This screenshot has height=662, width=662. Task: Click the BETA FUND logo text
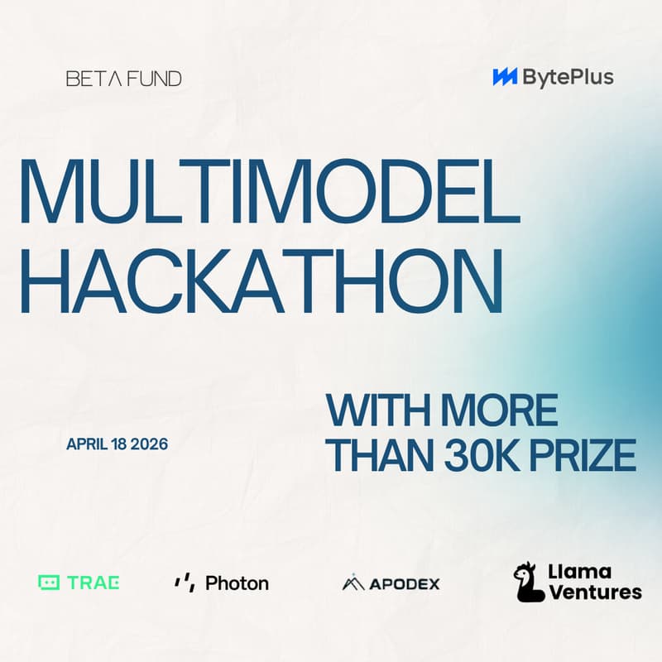[123, 79]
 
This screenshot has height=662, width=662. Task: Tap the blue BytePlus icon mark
[505, 78]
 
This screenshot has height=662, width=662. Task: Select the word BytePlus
[568, 78]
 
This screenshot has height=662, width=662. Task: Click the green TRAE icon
[50, 583]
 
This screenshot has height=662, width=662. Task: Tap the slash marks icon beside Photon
[184, 583]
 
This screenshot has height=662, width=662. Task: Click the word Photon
[237, 583]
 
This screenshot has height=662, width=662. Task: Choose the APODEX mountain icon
[353, 583]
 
